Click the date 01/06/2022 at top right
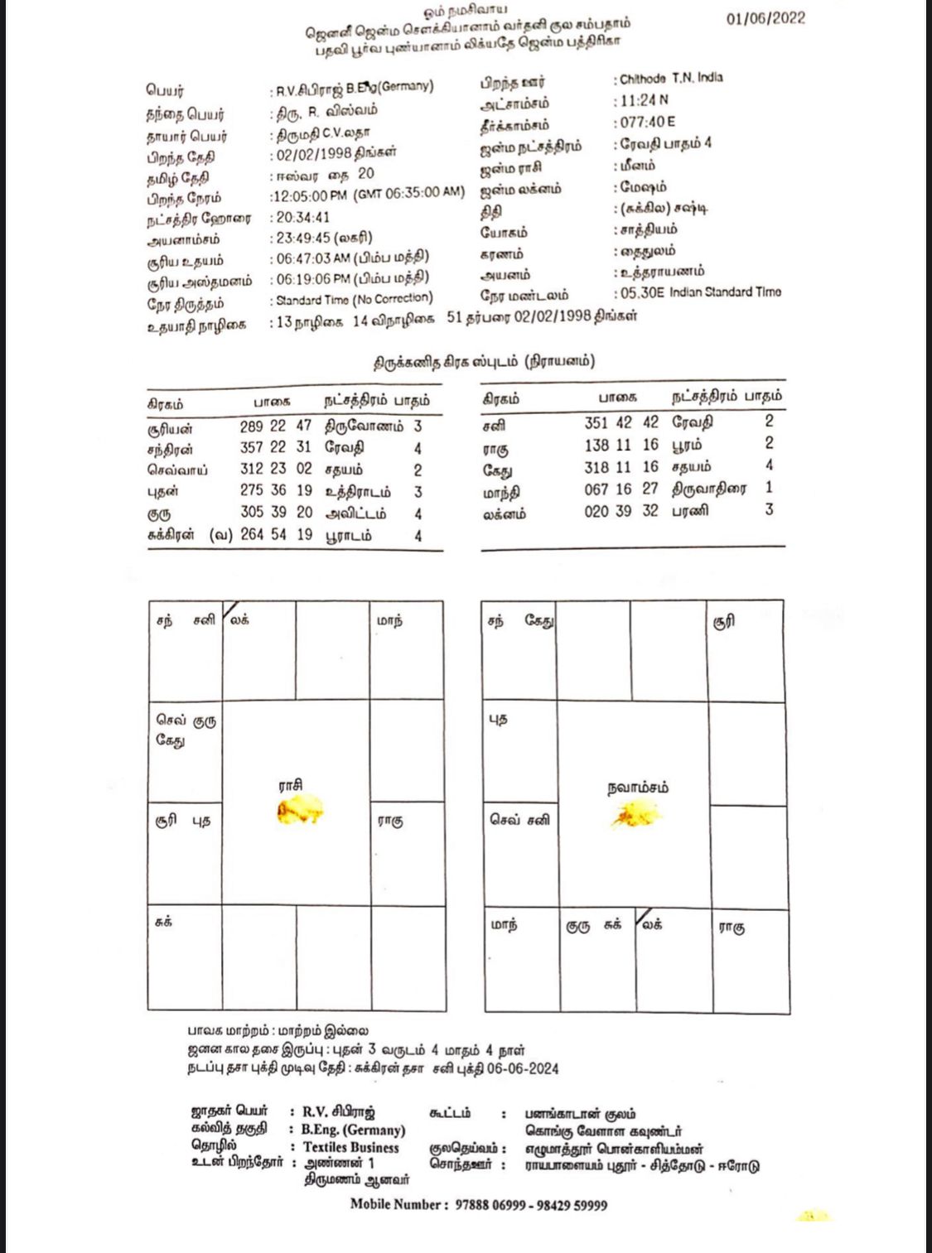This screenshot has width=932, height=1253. (x=765, y=19)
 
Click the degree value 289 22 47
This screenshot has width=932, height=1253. (x=276, y=427)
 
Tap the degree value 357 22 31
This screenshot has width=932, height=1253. (x=276, y=448)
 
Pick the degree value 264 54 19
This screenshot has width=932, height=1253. (x=276, y=535)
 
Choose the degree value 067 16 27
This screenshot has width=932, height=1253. (x=621, y=489)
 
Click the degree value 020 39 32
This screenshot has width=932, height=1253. (x=621, y=511)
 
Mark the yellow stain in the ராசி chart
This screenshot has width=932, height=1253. (x=300, y=810)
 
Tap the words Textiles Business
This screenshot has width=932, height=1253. (x=350, y=1148)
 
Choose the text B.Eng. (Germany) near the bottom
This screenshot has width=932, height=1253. (x=353, y=1130)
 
